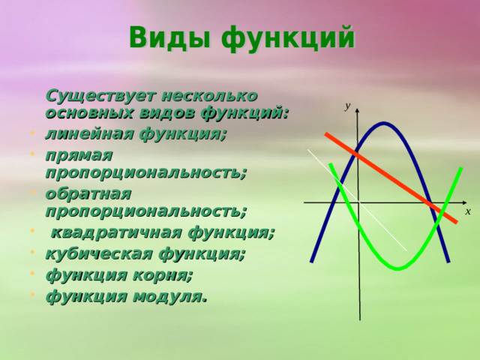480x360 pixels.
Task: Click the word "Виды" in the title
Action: click(x=166, y=37)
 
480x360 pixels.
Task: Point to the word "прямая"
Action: click(x=79, y=154)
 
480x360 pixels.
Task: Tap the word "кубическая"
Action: click(x=94, y=253)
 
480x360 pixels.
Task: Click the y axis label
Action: click(x=348, y=106)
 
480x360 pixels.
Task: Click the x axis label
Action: click(x=467, y=212)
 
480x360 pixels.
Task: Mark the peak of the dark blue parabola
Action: click(x=384, y=124)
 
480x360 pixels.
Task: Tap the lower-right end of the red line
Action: click(x=455, y=221)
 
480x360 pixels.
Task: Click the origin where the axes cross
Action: click(x=358, y=202)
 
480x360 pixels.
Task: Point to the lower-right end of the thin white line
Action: click(x=406, y=250)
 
